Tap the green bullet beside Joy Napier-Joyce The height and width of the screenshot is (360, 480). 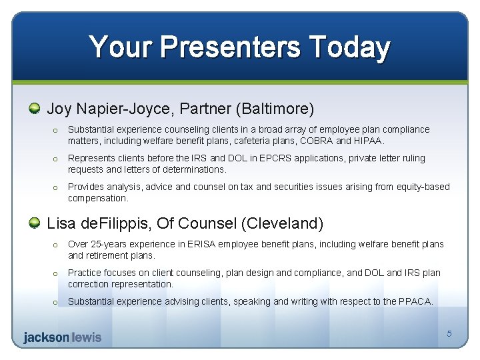point(35,108)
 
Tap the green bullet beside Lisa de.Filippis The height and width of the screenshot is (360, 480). point(35,223)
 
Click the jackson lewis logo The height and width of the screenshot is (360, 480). point(62,337)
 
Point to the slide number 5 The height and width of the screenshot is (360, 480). point(449,333)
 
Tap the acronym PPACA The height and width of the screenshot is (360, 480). point(415,301)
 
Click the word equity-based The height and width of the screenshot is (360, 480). point(423,187)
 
